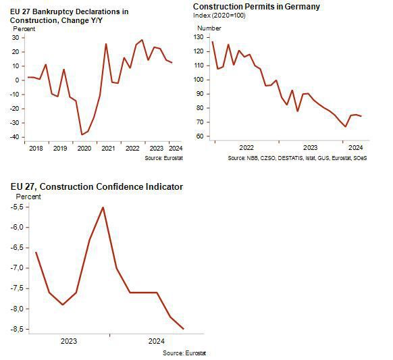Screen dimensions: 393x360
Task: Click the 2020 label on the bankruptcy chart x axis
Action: (x=84, y=149)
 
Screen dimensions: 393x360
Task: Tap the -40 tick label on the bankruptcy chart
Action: (x=14, y=137)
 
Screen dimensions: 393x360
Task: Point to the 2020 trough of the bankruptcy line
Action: (x=82, y=135)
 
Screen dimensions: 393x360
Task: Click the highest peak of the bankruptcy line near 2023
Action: (x=142, y=40)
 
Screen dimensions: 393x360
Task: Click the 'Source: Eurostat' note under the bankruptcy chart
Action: (x=163, y=158)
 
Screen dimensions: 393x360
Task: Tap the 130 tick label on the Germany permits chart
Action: (x=199, y=37)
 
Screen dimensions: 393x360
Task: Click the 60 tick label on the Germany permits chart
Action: (x=200, y=136)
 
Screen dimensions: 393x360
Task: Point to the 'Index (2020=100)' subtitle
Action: (x=219, y=16)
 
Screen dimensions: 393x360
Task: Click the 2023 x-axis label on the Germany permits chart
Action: (x=311, y=148)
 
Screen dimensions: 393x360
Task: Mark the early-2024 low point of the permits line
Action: (x=345, y=126)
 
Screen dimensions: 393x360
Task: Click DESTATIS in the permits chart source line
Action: (x=290, y=158)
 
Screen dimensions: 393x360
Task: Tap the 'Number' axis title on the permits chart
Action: (x=209, y=28)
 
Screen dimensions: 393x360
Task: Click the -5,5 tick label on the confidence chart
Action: (x=17, y=207)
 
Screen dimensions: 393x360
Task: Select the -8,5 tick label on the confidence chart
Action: (x=17, y=329)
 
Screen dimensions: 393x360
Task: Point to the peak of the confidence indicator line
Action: (x=103, y=207)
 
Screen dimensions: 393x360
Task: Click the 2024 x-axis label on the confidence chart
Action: (x=157, y=341)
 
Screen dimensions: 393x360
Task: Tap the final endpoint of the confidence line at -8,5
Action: (x=184, y=329)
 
